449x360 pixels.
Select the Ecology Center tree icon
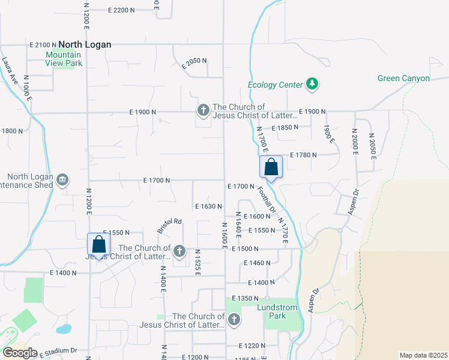coord(312,84)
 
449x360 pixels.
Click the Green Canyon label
coord(403,79)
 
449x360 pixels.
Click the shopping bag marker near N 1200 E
coord(99,244)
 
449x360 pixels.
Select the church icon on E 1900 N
coord(203,110)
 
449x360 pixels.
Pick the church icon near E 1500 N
coord(179,249)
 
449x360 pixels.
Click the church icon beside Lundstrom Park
coord(234,320)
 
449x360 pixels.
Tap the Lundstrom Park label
coord(277,311)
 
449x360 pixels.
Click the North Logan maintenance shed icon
coord(62,179)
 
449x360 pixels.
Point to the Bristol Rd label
coord(169,226)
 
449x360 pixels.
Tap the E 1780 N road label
coord(303,155)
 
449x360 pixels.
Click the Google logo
coord(20,352)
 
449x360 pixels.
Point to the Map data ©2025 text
coord(423,355)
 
